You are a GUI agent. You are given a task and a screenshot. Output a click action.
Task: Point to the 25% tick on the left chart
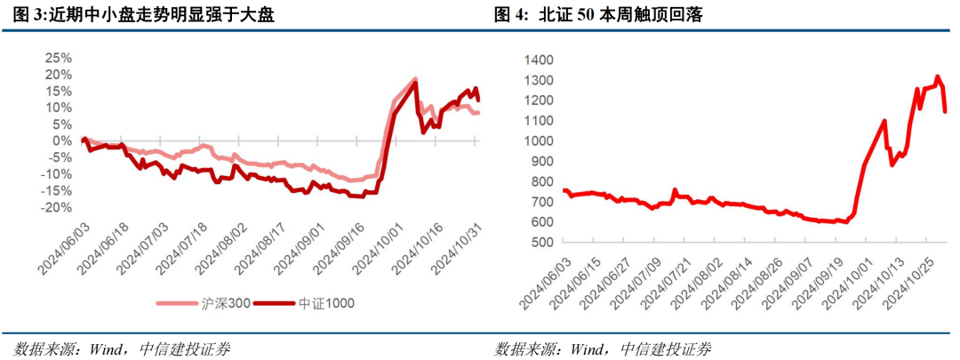pyautogui.click(x=59, y=58)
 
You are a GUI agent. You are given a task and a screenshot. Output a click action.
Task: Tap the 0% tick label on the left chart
pyautogui.click(x=62, y=140)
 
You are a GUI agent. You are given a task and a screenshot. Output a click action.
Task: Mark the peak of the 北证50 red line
pyautogui.click(x=937, y=76)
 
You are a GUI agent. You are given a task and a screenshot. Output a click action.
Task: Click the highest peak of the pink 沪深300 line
pyautogui.click(x=414, y=79)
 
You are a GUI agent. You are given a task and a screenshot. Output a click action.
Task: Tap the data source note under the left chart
pyautogui.click(x=122, y=348)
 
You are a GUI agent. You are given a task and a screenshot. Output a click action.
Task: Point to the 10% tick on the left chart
pyautogui.click(x=59, y=108)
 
